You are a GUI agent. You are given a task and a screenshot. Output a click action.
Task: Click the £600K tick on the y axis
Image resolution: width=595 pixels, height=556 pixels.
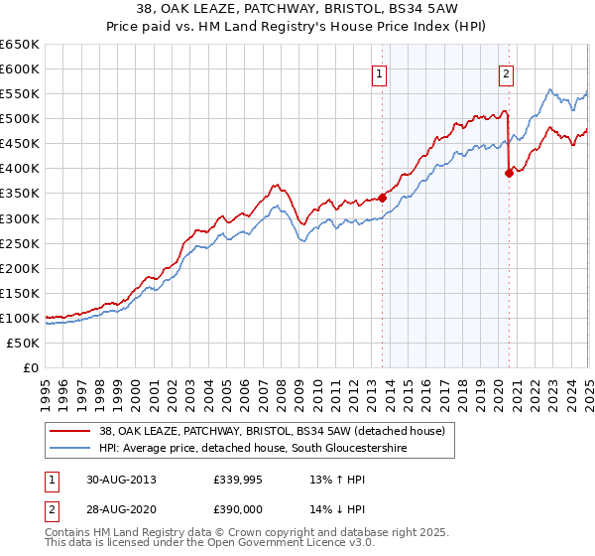[20, 69]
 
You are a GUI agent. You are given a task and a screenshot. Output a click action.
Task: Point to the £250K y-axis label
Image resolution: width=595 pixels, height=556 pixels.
[20, 243]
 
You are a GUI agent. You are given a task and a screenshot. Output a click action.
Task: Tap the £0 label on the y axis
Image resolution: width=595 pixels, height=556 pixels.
[31, 367]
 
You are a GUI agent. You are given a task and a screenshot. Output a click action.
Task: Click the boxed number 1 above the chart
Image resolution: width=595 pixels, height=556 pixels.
[380, 71]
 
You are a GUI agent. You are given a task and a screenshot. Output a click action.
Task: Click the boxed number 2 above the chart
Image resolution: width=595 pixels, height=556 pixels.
[506, 71]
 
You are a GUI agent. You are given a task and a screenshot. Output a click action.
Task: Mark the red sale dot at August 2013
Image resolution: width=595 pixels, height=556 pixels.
[382, 198]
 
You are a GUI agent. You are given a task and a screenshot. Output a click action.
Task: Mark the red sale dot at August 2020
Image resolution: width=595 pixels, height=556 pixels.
[509, 173]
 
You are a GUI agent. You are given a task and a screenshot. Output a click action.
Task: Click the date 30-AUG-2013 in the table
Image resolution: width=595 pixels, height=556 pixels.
[122, 479]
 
